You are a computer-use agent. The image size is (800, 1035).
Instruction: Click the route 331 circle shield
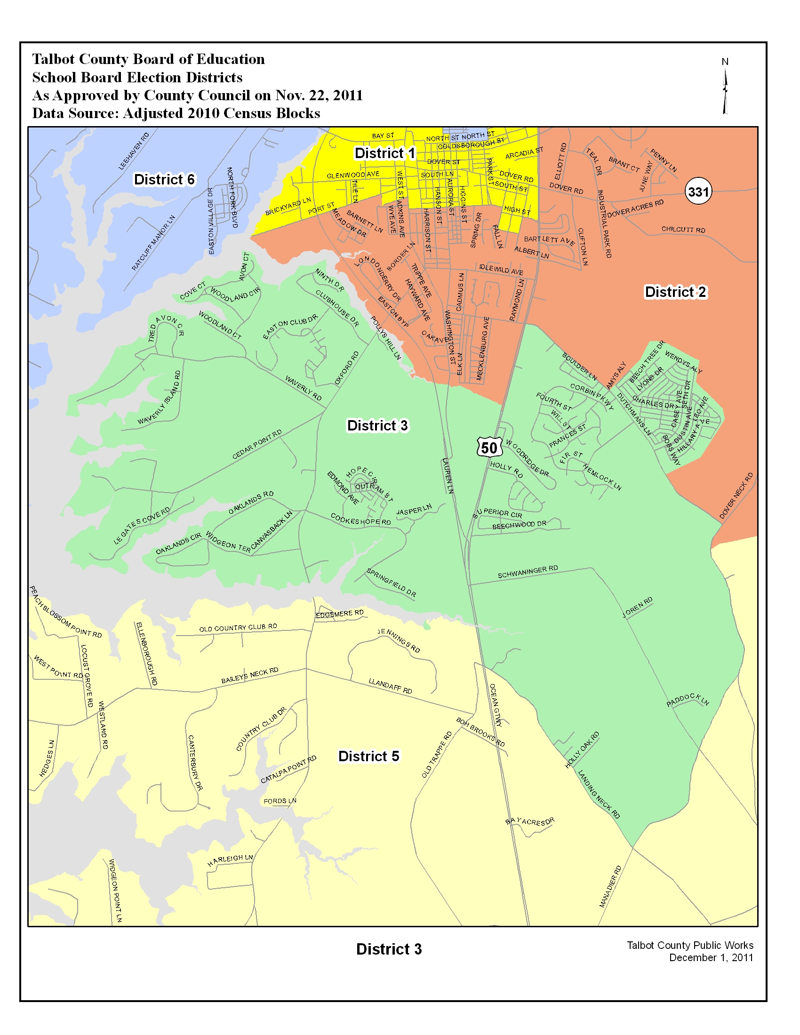(x=698, y=191)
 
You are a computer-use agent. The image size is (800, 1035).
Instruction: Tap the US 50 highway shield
(x=489, y=447)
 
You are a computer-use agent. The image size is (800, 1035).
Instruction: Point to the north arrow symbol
(x=725, y=90)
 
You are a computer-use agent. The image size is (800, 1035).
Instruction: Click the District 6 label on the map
(x=164, y=180)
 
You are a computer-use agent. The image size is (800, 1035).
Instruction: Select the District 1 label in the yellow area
(x=384, y=153)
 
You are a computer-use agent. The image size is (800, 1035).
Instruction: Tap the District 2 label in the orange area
(x=675, y=292)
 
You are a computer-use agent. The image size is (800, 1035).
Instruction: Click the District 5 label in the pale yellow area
(x=368, y=756)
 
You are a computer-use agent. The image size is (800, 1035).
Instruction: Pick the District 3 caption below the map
(x=389, y=949)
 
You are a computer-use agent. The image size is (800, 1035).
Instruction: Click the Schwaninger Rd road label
(x=528, y=572)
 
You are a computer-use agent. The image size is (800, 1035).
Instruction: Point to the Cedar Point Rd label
(x=257, y=444)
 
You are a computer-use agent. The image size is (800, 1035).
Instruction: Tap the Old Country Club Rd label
(x=238, y=628)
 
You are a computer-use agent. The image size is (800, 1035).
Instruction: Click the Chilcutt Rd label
(x=683, y=230)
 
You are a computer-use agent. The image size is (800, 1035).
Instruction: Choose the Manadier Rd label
(x=610, y=886)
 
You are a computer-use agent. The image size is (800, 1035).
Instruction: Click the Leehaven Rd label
(x=134, y=151)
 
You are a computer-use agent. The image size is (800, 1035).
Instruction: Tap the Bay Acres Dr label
(x=529, y=821)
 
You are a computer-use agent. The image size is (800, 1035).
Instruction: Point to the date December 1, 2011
(x=711, y=957)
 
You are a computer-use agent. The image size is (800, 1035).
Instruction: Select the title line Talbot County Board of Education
(x=148, y=59)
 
